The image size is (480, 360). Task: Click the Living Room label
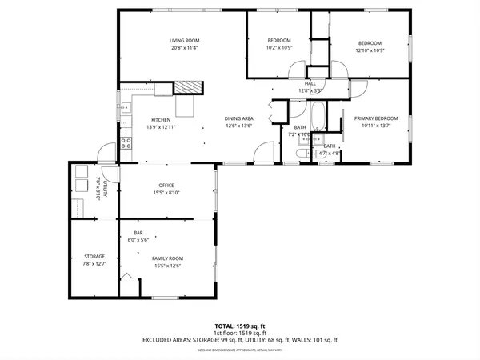pyautogui.click(x=184, y=41)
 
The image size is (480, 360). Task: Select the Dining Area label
pyautogui.click(x=239, y=118)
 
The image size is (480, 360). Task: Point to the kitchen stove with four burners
pyautogui.click(x=126, y=144)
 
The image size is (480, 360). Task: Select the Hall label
pyautogui.click(x=310, y=83)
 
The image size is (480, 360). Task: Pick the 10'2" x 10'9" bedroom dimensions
pyautogui.click(x=279, y=48)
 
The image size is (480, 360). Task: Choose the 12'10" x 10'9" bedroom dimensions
pyautogui.click(x=370, y=50)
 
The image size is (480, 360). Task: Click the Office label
pyautogui.click(x=166, y=186)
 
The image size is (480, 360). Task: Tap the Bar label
pyautogui.click(x=138, y=233)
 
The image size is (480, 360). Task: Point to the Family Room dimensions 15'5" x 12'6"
pyautogui.click(x=168, y=266)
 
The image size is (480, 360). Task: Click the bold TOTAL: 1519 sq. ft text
pyautogui.click(x=239, y=326)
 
